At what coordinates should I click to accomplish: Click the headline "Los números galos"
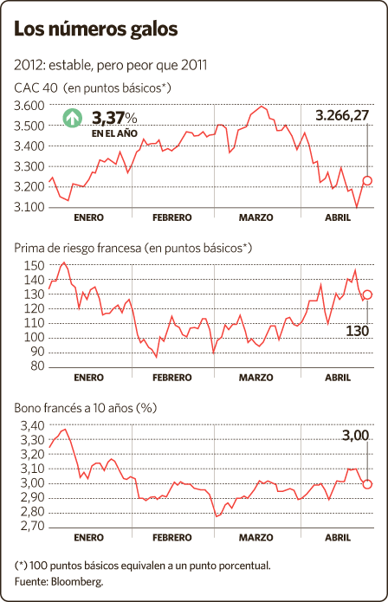coord(96,29)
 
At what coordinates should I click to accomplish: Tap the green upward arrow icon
coord(72,118)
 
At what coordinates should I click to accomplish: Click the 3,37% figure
coord(114,118)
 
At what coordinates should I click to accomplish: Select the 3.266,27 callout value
coord(342,115)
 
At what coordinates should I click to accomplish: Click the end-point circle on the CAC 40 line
coord(367,180)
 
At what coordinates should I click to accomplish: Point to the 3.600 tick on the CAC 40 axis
coord(29,105)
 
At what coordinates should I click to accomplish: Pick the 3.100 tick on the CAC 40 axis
coord(29,207)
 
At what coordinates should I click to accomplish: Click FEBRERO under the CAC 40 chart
coord(172,217)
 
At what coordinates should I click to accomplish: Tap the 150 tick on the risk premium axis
coord(35,265)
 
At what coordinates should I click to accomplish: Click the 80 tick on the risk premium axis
coord(37,366)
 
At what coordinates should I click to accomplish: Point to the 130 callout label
coord(358,331)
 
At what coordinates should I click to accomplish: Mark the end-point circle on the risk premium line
coord(367,295)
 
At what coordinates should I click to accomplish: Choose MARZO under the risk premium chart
coord(256,378)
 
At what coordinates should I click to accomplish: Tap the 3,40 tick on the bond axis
coord(32,426)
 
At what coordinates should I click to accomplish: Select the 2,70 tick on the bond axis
coord(32,526)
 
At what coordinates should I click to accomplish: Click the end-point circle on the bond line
coord(367,484)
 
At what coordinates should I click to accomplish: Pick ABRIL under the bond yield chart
coord(338,538)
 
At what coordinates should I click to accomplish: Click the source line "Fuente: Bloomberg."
coord(59,582)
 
